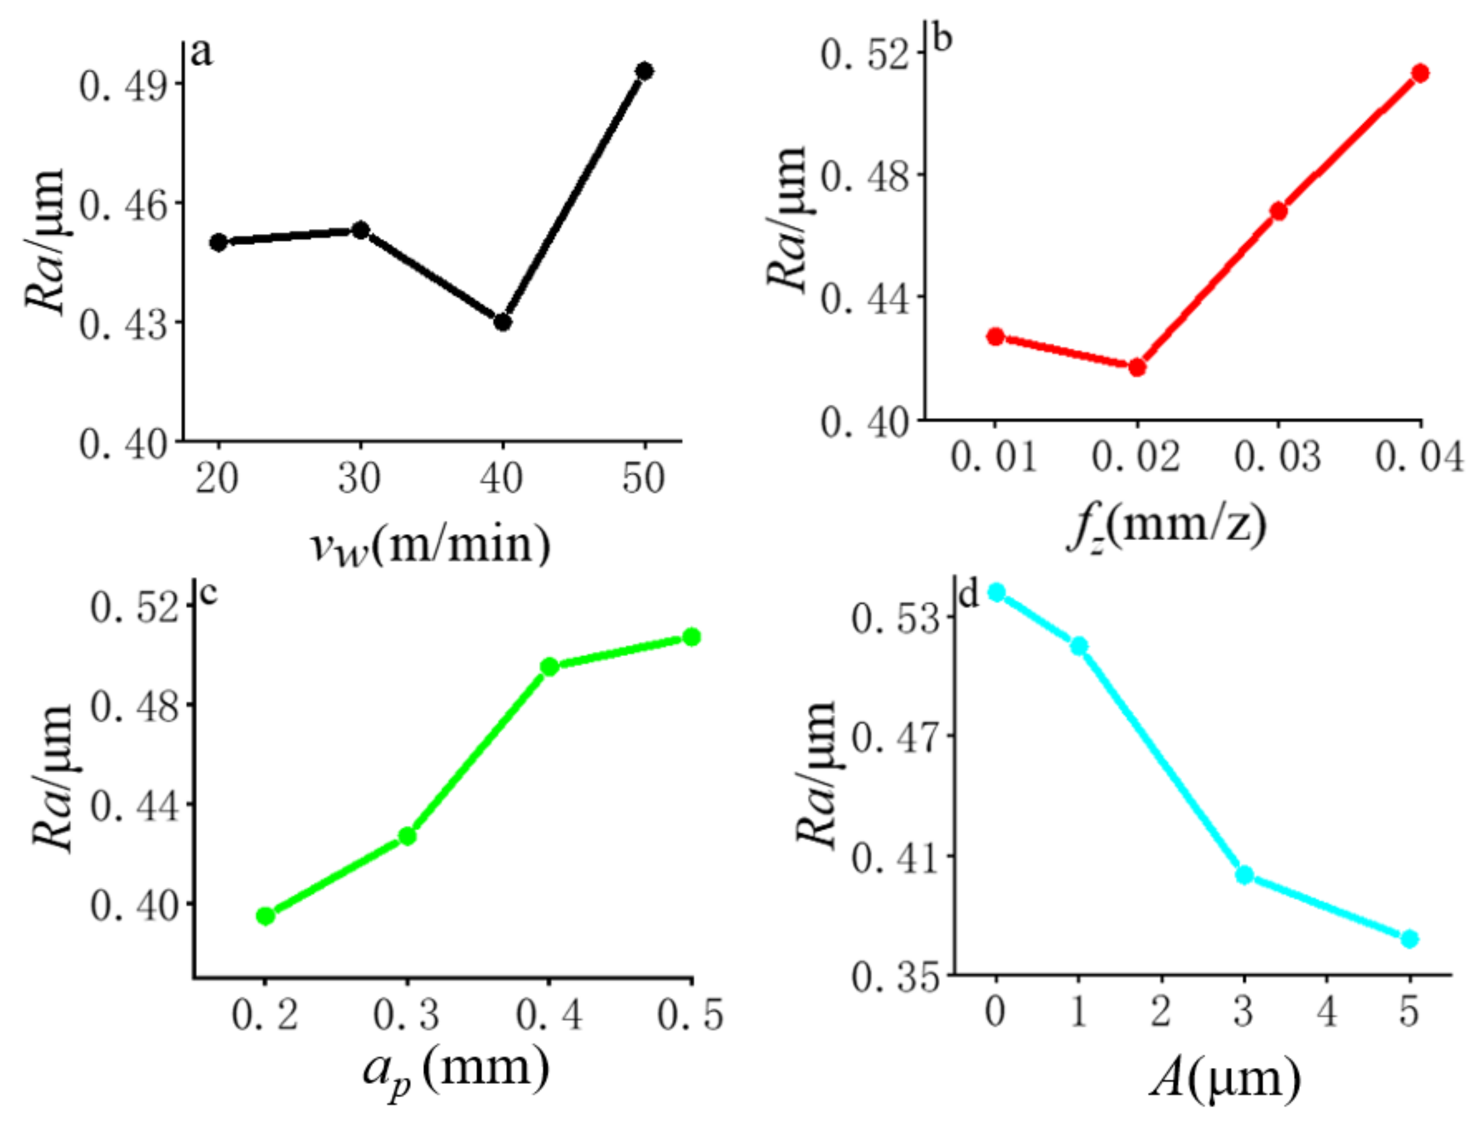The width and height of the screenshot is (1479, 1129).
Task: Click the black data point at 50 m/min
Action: tap(644, 71)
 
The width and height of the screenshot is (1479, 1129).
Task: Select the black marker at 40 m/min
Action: tap(502, 322)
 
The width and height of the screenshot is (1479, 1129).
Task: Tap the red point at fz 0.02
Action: tap(1137, 367)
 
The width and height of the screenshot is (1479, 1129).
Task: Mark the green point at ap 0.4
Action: tap(549, 667)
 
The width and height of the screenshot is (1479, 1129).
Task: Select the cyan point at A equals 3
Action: tap(1244, 875)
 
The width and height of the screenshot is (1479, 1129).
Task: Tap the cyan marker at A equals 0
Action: tap(996, 592)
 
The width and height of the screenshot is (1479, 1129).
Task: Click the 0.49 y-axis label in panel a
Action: tap(123, 86)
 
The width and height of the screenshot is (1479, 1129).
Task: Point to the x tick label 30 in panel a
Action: tap(359, 478)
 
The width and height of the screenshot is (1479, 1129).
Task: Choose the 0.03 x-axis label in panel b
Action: tap(1277, 457)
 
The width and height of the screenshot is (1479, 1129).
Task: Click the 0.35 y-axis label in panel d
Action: tap(895, 976)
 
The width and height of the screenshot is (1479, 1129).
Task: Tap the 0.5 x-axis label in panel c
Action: tap(691, 1014)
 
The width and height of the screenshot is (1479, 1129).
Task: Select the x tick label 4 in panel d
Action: tap(1326, 1010)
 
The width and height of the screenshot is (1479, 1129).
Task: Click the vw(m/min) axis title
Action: tap(430, 546)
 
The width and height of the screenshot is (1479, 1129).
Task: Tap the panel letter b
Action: tap(942, 39)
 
